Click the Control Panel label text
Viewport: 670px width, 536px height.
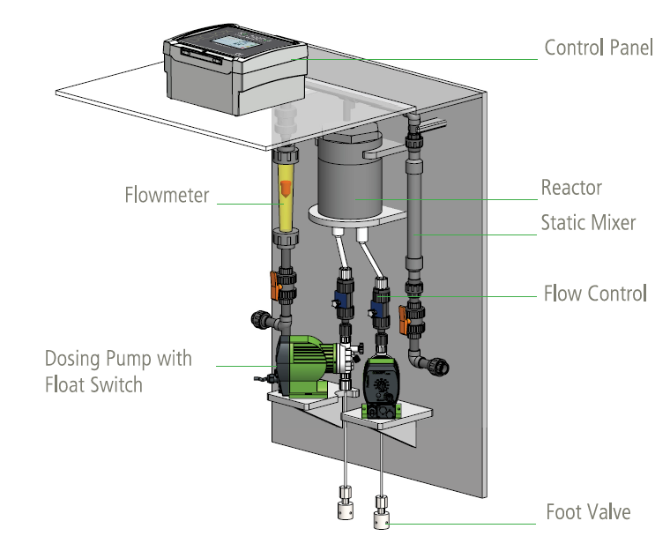click(x=599, y=48)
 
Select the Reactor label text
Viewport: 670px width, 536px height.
click(x=571, y=188)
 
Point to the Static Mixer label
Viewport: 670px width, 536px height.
click(x=588, y=223)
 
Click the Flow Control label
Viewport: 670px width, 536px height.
click(x=595, y=293)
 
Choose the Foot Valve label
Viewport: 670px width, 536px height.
click(x=588, y=512)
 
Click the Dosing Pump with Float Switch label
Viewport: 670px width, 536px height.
click(x=118, y=372)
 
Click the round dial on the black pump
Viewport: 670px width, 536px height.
click(x=381, y=387)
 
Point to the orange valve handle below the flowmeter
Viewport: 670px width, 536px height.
click(x=274, y=284)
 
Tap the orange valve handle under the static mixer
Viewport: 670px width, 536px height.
click(x=405, y=319)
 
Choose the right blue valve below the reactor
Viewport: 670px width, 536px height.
click(x=381, y=304)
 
